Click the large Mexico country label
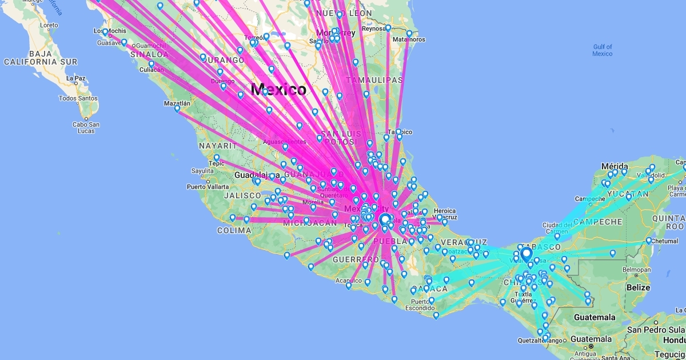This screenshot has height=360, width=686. [x=278, y=90]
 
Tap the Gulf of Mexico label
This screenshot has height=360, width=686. [x=603, y=50]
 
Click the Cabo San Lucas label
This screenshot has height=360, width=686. [x=86, y=127]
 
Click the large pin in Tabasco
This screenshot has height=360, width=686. [x=526, y=254]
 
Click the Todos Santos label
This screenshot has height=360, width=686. [x=78, y=98]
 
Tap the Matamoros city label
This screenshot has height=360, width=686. [x=408, y=39]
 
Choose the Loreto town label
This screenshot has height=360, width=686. [x=49, y=25]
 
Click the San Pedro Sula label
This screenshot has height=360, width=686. [x=656, y=330]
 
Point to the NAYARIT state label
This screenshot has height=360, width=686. [x=217, y=146]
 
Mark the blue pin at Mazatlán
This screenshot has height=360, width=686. [x=177, y=107]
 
